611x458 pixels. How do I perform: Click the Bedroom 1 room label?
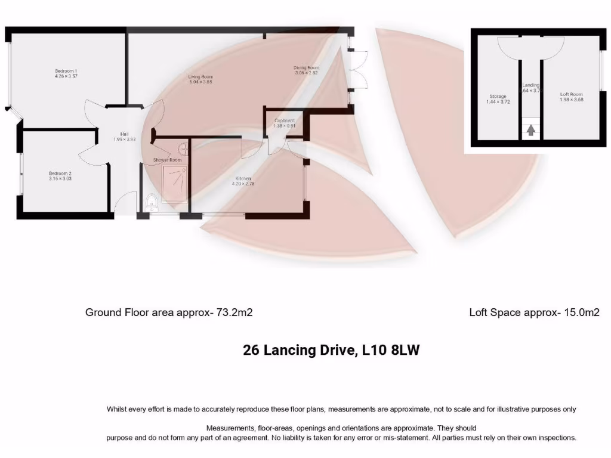tap(66, 71)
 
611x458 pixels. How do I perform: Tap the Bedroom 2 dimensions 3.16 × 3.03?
tap(60, 178)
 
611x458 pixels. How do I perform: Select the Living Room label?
tap(200, 77)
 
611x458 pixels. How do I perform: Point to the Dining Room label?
tap(306, 67)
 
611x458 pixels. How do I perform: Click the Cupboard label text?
tap(284, 120)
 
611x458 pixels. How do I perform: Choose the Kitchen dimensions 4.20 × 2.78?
tap(243, 184)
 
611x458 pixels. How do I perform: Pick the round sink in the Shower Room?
tap(183, 147)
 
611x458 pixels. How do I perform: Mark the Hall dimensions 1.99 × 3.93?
tap(125, 139)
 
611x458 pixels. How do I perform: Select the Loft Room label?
tap(571, 94)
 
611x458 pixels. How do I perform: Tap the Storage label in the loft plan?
tap(498, 96)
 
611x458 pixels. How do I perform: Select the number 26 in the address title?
tap(251, 350)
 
